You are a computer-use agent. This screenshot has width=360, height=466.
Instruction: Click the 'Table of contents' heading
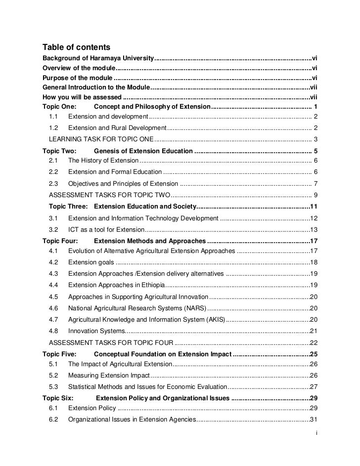click(76, 47)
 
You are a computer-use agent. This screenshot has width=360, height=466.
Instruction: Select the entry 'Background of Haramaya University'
click(98, 58)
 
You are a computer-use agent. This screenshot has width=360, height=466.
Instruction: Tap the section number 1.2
click(54, 128)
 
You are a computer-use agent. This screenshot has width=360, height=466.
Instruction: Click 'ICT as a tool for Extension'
click(106, 229)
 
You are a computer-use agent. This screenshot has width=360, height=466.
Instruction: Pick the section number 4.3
click(54, 273)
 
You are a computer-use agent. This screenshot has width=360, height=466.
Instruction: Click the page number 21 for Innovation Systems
click(313, 331)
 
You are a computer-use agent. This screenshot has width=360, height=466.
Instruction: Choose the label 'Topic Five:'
click(60, 354)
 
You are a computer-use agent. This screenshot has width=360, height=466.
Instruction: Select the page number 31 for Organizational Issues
click(313, 420)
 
